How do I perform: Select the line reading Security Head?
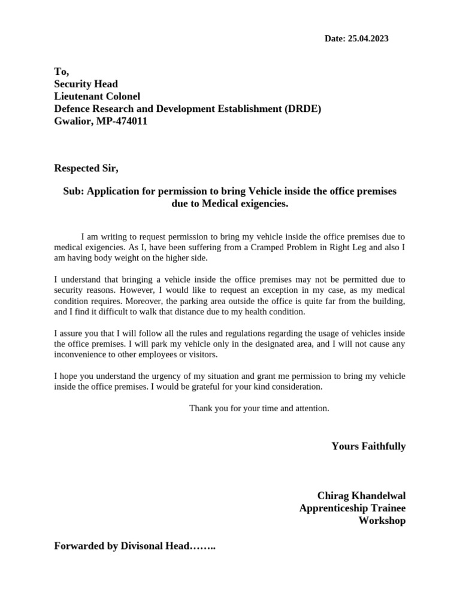click(86, 84)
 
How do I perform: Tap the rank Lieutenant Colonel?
click(97, 96)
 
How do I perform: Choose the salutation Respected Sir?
click(86, 168)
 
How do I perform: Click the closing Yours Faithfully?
click(368, 447)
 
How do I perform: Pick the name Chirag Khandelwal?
click(361, 496)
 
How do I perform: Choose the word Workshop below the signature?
click(382, 521)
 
